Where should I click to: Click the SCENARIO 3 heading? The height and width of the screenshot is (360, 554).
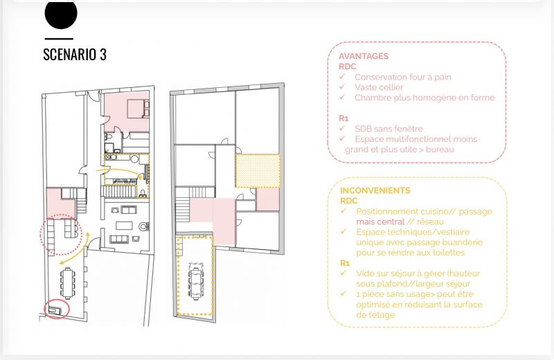tap(75, 55)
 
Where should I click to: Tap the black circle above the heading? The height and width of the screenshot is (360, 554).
tap(61, 14)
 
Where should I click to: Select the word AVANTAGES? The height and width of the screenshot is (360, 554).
tap(364, 56)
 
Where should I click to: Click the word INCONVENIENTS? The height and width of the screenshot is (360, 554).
tap(375, 190)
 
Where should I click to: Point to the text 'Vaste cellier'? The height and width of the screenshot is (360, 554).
tap(379, 87)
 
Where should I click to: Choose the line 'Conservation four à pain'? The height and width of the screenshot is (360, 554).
tap(403, 77)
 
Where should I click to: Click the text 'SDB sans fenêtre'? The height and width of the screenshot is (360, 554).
tap(388, 129)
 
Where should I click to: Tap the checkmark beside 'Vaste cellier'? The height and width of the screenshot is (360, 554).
tap(342, 87)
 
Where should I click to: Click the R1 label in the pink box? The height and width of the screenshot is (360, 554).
tap(343, 118)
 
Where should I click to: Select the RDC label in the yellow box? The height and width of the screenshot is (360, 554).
tap(349, 201)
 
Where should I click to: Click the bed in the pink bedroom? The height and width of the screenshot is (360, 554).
tap(138, 109)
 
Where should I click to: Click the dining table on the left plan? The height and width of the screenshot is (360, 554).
tap(67, 283)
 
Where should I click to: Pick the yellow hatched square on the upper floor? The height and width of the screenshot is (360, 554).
tap(258, 171)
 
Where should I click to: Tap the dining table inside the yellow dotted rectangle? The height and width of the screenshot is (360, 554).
tap(196, 281)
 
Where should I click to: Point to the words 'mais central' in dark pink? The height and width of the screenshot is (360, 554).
tap(380, 222)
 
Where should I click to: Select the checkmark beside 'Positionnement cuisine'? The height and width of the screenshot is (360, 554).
tap(343, 211)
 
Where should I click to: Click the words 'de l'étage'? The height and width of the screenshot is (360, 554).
tap(375, 315)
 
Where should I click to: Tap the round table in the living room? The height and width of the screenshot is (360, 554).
tap(143, 226)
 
